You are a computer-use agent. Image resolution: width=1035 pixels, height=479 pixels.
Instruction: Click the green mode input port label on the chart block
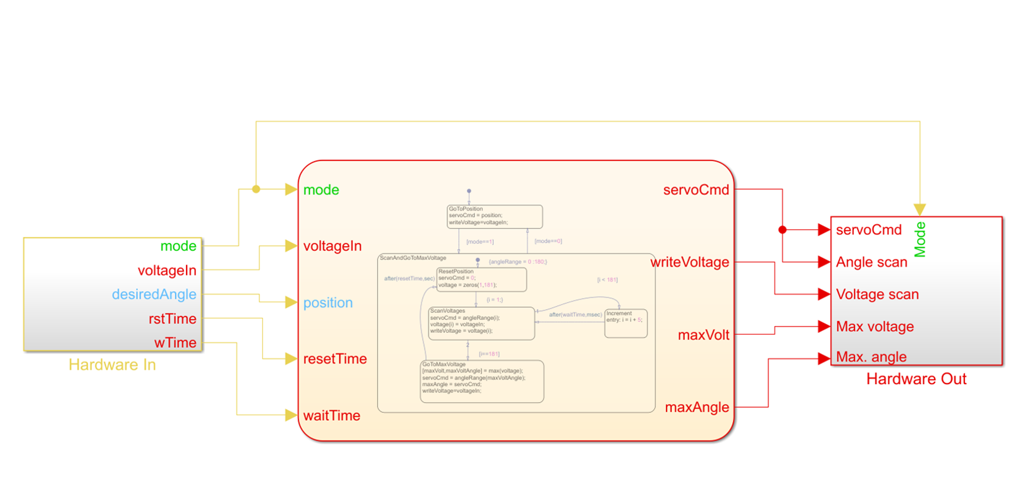pos(321,190)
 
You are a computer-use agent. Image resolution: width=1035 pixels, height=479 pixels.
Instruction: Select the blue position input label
pos(328,303)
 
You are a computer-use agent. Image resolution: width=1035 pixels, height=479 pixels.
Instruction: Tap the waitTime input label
pos(331,416)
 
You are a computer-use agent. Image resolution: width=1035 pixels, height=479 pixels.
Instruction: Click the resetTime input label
pos(335,359)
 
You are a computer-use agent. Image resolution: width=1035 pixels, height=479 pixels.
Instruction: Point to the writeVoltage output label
pos(690,262)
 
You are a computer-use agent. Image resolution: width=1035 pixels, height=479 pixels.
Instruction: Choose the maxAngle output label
pos(697,407)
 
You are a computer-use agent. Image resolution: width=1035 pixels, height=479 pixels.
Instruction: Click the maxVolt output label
pos(704,335)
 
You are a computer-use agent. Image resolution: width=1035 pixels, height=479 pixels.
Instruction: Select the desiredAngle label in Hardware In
pos(154,294)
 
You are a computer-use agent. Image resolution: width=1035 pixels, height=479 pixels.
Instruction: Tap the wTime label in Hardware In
pos(175,343)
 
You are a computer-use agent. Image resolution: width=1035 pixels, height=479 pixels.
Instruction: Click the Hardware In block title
pos(112,365)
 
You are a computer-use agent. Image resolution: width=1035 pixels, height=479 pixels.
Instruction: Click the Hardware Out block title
pos(916,379)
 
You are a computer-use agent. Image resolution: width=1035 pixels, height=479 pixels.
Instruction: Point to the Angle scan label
pos(871,262)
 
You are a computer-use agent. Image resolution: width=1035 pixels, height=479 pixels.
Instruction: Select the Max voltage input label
pos(875,327)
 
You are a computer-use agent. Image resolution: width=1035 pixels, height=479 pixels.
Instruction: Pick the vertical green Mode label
pos(920,239)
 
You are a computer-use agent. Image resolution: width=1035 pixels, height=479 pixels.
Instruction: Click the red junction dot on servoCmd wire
pos(782,230)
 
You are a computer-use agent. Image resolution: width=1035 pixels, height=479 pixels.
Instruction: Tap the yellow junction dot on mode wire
pos(256,189)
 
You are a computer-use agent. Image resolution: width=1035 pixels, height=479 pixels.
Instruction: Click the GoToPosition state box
pos(494,216)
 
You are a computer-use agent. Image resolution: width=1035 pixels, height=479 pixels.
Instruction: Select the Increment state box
pos(625,323)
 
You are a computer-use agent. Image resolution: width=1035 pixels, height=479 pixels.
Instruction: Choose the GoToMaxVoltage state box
pos(482,381)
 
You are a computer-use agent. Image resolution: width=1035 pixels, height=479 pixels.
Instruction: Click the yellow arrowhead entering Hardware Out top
pos(920,209)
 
